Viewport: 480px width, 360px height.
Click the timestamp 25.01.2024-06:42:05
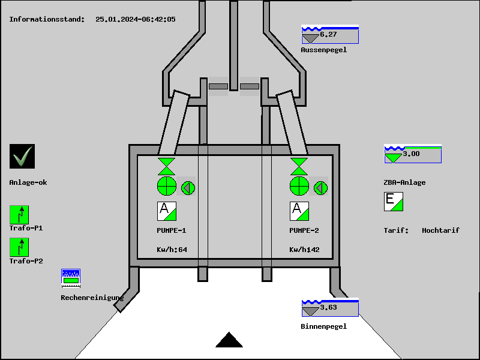click(136, 19)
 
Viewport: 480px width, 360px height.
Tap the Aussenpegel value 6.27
click(328, 34)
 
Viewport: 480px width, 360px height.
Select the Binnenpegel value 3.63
click(328, 308)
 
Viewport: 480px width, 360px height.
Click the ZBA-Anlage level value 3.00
click(411, 154)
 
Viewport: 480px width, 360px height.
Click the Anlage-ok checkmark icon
click(22, 157)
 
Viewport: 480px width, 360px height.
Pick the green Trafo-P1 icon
click(19, 215)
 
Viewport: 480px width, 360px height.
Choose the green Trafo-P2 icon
click(19, 247)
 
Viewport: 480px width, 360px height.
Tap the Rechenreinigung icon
click(71, 277)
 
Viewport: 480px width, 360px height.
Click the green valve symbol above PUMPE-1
click(166, 166)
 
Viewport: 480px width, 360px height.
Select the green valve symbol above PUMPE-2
click(299, 166)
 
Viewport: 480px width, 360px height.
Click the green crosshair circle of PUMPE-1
click(166, 187)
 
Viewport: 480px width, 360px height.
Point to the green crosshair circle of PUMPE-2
click(299, 187)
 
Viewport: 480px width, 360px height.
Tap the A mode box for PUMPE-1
click(167, 211)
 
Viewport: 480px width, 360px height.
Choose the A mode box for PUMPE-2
click(299, 211)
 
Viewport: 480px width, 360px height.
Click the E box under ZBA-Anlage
click(394, 202)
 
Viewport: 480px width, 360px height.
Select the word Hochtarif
click(440, 230)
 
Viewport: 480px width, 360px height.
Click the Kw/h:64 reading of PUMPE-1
click(172, 250)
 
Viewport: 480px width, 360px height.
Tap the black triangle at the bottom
click(229, 340)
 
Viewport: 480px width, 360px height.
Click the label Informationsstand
click(47, 19)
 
